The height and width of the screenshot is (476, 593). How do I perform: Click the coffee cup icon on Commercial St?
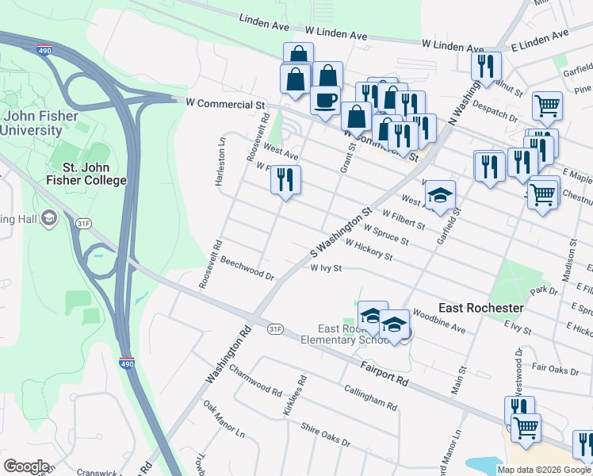coord(326,101)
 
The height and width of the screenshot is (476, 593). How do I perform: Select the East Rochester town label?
coord(480,308)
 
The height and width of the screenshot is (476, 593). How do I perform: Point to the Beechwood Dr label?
coord(247,268)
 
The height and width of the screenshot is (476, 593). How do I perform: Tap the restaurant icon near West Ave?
coord(285,179)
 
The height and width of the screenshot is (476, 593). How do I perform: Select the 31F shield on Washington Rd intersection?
coord(275,328)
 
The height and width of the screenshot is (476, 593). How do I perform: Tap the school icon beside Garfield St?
coord(442,195)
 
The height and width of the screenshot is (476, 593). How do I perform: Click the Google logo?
coord(27,466)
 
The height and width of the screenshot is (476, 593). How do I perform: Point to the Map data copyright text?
coord(544,470)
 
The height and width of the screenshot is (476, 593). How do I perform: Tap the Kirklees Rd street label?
coord(294,397)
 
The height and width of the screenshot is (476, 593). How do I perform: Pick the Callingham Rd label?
coord(370,397)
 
